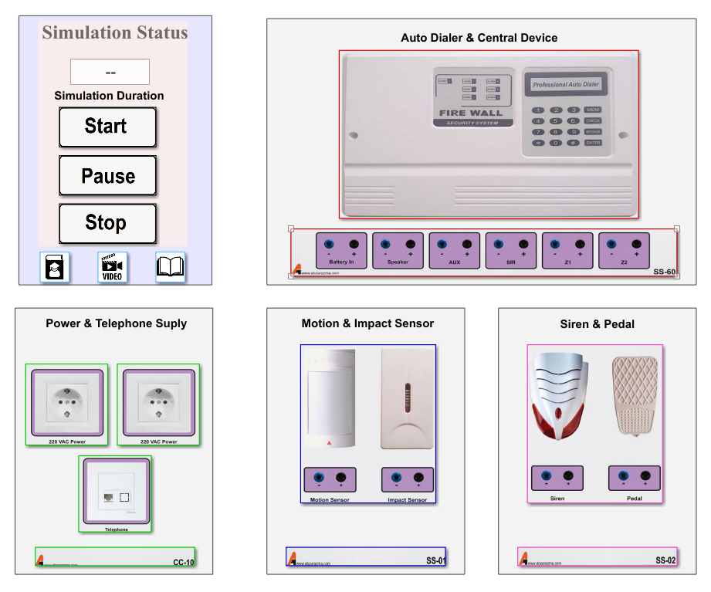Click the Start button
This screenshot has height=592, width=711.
point(107,127)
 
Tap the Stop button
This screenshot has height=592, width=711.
point(107,224)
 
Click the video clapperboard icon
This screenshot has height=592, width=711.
point(112,267)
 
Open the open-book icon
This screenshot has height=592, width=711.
point(171,267)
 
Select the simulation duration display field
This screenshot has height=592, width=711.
point(110,72)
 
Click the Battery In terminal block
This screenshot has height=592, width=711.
point(341,250)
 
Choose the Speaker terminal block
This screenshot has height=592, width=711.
point(398,250)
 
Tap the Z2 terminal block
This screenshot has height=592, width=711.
point(624,250)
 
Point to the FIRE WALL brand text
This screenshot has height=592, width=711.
point(470,113)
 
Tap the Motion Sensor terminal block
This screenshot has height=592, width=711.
point(330,480)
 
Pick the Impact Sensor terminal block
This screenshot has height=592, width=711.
point(407,480)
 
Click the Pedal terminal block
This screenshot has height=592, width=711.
point(635,479)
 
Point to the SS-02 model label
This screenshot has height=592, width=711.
point(665,560)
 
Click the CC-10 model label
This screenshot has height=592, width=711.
point(183,561)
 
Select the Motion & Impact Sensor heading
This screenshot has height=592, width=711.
point(367,323)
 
